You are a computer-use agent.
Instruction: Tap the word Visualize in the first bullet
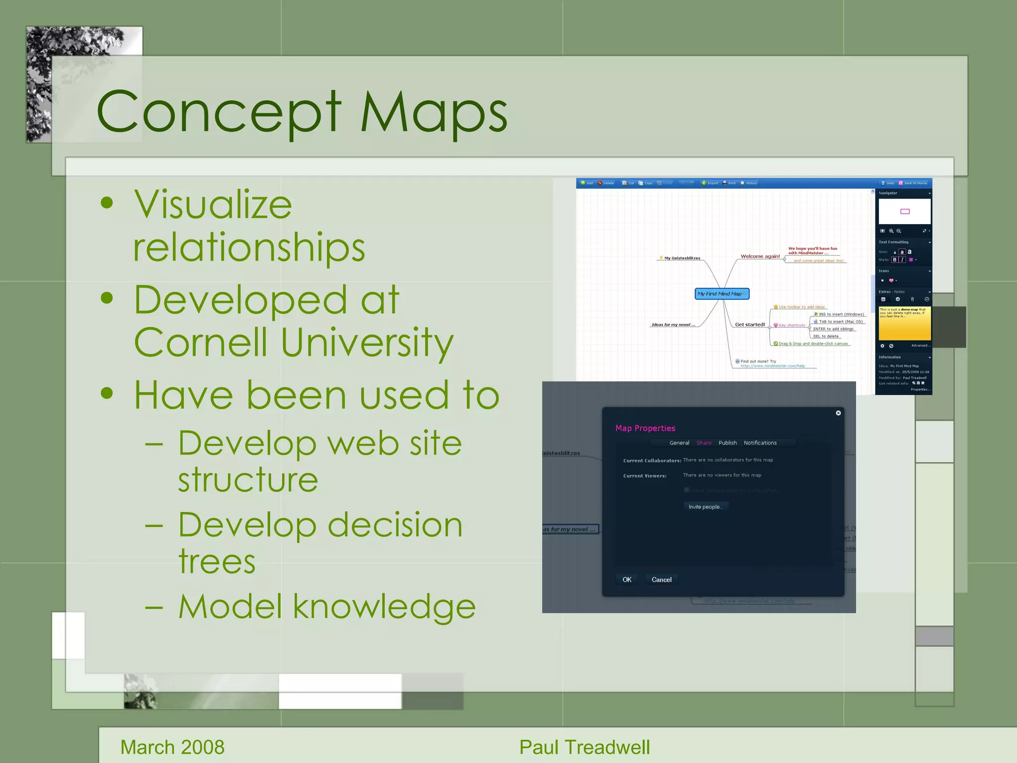click(213, 205)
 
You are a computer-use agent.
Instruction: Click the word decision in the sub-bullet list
click(395, 526)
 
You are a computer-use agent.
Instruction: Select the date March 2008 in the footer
click(172, 747)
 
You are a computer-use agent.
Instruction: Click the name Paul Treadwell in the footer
click(584, 747)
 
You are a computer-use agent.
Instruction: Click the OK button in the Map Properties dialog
click(627, 580)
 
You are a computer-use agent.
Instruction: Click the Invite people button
click(705, 507)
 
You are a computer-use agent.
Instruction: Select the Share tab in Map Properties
click(704, 443)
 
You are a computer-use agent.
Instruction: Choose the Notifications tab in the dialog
click(760, 443)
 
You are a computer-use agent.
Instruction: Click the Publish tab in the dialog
click(727, 443)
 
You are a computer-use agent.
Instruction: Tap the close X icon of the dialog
click(838, 413)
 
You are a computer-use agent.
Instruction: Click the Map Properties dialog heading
click(645, 428)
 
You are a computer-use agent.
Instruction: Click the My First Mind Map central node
click(721, 294)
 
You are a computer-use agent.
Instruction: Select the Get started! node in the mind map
click(749, 324)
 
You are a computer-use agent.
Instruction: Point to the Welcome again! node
click(760, 256)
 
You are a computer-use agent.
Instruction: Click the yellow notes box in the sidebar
click(904, 323)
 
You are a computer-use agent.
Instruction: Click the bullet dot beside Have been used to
click(106, 393)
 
